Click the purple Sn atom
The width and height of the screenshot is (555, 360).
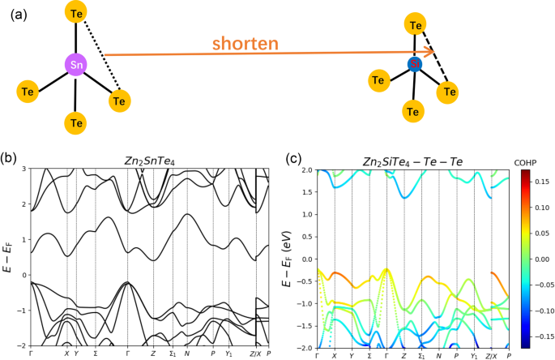75,64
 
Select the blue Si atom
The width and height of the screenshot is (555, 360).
415,63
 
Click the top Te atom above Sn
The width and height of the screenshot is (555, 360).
75,14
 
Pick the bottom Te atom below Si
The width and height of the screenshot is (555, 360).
415,109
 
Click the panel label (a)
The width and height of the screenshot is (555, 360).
14,12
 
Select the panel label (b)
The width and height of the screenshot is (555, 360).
10,157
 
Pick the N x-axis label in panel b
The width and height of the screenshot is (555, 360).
187,354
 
